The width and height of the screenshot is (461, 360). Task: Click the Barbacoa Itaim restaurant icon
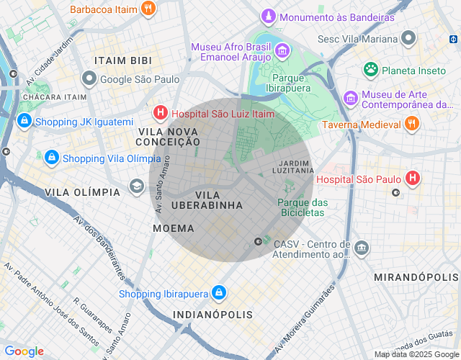click(148, 9)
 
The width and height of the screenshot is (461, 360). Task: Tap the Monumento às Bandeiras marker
click(269, 16)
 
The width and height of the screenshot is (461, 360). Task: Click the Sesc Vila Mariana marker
click(409, 37)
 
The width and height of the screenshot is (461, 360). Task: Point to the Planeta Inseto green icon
click(371, 70)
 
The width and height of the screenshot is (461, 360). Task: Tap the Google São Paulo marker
click(89, 79)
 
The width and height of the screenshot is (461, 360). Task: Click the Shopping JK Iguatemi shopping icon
click(24, 121)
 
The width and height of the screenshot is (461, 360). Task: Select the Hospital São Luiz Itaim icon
click(160, 112)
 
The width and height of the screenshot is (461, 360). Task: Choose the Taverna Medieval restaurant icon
click(411, 124)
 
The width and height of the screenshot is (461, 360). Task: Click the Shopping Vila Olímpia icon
click(52, 157)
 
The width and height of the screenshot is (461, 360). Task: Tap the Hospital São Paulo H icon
click(412, 177)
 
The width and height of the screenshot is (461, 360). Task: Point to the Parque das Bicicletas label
click(303, 207)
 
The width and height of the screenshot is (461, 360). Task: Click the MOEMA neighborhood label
click(174, 228)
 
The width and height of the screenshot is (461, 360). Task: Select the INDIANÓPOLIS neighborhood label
click(212, 315)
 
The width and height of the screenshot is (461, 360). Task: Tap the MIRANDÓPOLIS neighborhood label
click(416, 277)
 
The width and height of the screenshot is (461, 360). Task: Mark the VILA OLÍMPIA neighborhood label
click(82, 192)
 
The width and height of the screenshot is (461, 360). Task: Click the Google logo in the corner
click(24, 351)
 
